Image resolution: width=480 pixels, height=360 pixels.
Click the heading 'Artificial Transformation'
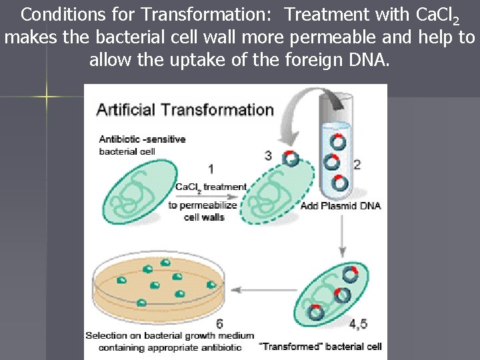[x=185, y=110]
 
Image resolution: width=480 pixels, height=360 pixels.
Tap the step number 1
[x=211, y=169]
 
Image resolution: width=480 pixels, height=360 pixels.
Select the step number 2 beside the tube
[x=357, y=165]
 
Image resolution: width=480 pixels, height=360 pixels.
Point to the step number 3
[x=268, y=155]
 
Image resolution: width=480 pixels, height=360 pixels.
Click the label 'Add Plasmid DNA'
[x=340, y=205]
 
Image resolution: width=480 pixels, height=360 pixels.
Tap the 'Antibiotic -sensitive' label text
[x=142, y=139]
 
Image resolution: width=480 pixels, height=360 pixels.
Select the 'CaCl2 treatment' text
[x=211, y=187]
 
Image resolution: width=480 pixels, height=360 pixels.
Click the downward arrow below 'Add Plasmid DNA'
[x=342, y=236]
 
